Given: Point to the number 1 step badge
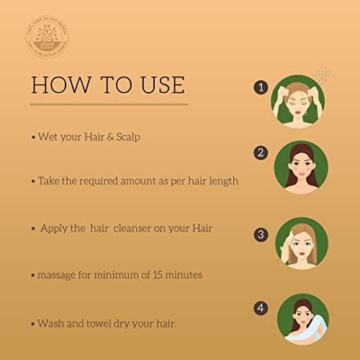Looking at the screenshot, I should point(261,87).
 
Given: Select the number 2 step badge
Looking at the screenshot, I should point(261,153).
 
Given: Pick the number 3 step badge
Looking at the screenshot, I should point(261,233).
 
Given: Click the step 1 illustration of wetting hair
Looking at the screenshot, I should point(302,101).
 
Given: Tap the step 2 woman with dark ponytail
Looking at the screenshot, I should point(302,167).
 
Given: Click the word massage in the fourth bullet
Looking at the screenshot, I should point(56,275).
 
